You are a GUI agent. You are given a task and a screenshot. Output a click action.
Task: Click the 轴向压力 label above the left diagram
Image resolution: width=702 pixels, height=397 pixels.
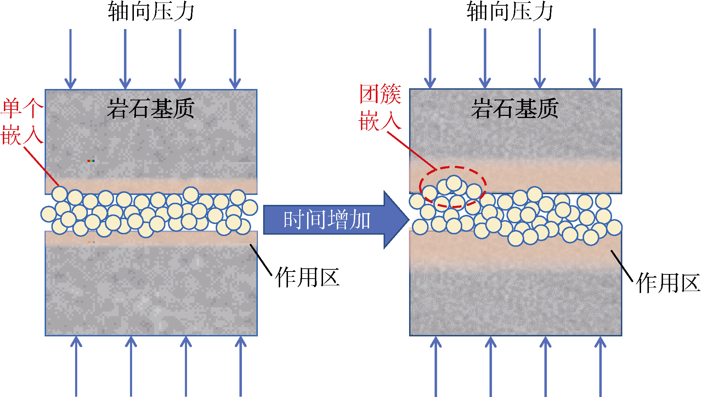point(151,11)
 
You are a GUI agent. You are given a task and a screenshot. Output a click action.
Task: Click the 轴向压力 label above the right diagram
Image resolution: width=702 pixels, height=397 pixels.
point(510,11)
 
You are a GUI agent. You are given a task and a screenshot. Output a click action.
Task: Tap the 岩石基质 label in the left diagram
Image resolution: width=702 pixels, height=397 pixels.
point(151,108)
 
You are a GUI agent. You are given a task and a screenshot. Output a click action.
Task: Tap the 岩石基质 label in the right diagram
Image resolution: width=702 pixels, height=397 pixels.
point(515,108)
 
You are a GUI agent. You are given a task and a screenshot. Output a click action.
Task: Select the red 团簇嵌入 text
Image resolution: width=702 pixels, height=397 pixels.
point(380,107)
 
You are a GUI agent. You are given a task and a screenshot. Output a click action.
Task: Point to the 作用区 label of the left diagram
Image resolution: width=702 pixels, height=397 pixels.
point(307,277)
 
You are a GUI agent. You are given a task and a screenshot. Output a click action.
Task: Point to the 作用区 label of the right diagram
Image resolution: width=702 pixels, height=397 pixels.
point(668,283)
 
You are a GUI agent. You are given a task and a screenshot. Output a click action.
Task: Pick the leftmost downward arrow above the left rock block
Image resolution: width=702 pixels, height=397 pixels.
point(70,58)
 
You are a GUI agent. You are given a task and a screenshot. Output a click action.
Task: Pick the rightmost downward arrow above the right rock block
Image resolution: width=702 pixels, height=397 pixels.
point(594,58)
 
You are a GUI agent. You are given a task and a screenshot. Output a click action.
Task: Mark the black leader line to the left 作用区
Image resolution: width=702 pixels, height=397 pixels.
point(261,260)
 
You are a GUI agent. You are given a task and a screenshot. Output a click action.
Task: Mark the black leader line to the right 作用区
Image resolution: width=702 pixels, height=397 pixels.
point(622,266)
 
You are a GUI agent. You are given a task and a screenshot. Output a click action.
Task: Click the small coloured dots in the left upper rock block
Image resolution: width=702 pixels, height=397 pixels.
point(91,161)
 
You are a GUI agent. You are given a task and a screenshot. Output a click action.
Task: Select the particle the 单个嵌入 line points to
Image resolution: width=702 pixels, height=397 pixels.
point(60,194)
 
